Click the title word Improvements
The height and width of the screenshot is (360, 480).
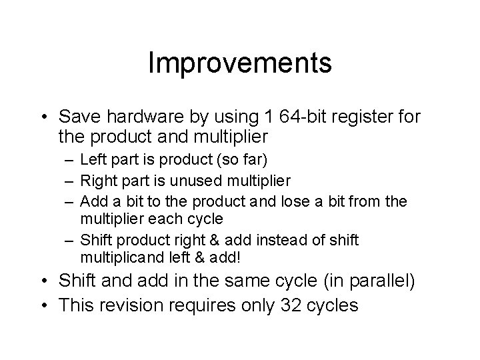point(239,63)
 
